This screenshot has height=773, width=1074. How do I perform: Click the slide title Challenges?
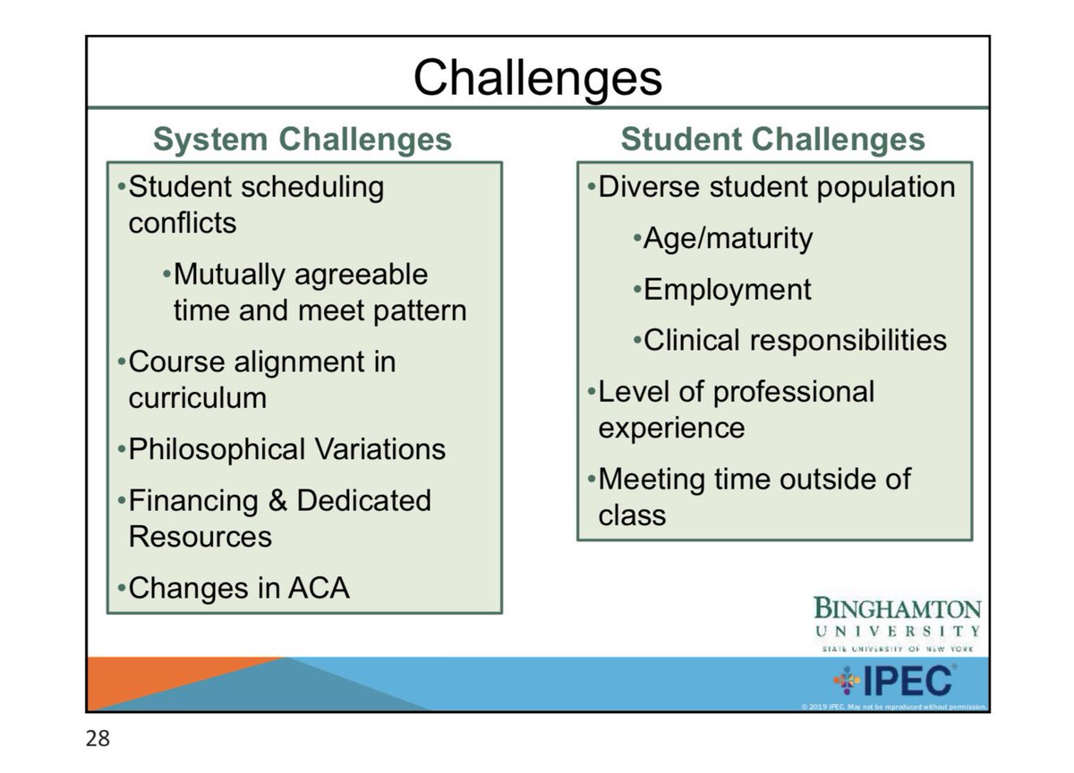point(537,78)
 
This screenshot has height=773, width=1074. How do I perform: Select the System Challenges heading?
point(303,140)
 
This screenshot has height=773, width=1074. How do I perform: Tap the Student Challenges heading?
point(773,140)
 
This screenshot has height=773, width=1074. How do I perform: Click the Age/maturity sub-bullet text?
point(728,238)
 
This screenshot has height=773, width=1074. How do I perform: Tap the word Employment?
point(728,289)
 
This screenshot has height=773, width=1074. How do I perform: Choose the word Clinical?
point(692,340)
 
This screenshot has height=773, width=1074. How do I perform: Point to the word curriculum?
point(197,397)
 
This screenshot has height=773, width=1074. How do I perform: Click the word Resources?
point(200,537)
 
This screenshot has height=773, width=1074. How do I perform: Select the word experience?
point(671,428)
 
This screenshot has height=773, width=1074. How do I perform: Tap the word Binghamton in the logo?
point(897,609)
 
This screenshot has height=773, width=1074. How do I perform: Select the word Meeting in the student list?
point(650,479)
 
